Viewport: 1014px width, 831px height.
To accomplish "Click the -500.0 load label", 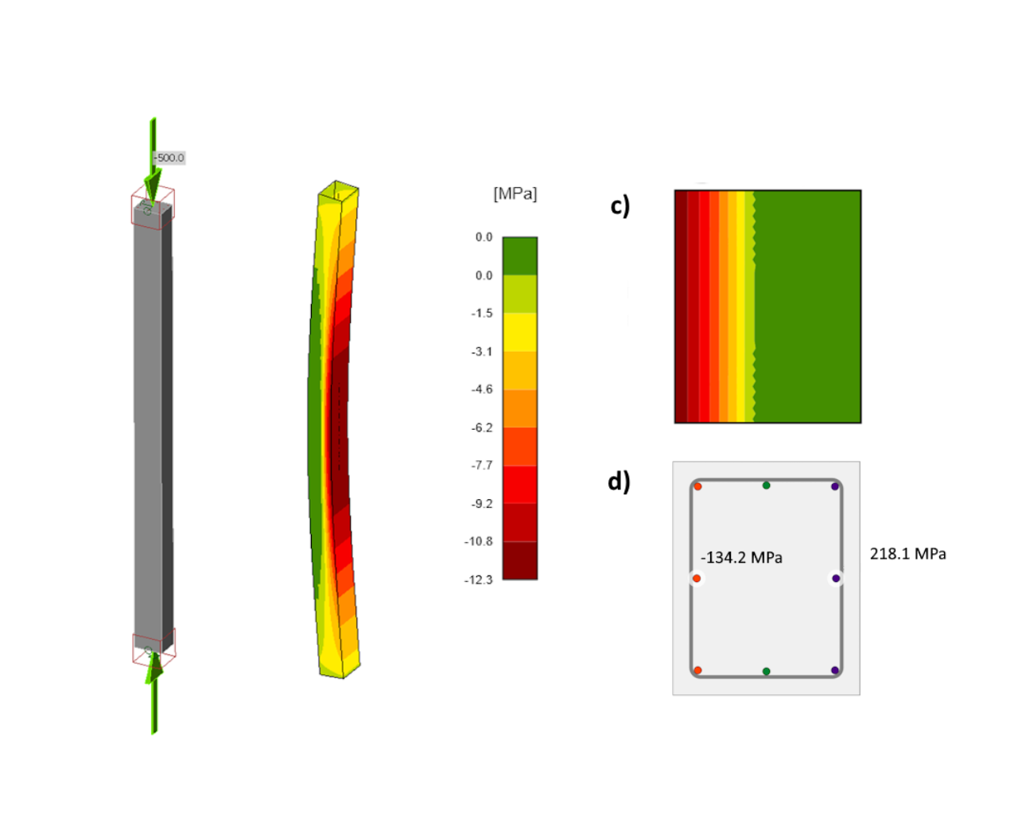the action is click(x=169, y=158).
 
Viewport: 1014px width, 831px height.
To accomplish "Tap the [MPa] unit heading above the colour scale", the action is click(x=515, y=194).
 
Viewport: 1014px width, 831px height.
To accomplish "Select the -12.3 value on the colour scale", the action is click(x=479, y=579).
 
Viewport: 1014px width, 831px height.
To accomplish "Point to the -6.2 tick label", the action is click(x=482, y=427).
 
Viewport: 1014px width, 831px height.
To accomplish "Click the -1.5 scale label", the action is click(x=482, y=314).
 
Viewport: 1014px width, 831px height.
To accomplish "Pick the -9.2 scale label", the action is click(x=482, y=504).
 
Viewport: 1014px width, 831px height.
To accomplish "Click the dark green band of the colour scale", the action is click(x=520, y=256).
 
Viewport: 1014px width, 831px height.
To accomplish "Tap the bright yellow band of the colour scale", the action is click(x=520, y=333).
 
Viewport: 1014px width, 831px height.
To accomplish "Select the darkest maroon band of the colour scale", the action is click(x=520, y=560).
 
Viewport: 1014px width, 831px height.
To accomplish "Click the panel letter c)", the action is click(x=620, y=206).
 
